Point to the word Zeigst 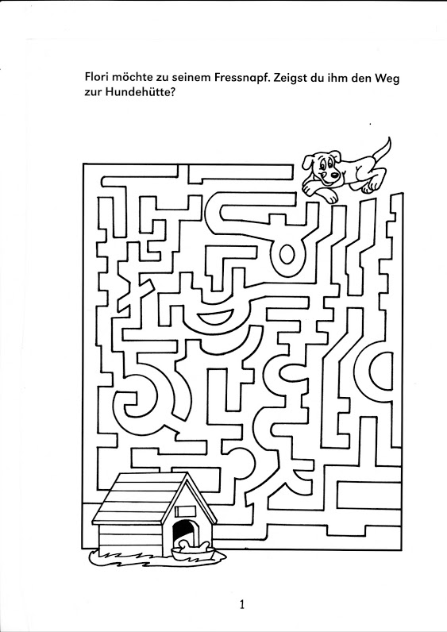click(291, 78)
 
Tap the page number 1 click(242, 604)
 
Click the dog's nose click(334, 175)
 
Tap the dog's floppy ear click(308, 163)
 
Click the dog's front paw click(329, 197)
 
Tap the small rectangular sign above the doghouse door click(186, 511)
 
